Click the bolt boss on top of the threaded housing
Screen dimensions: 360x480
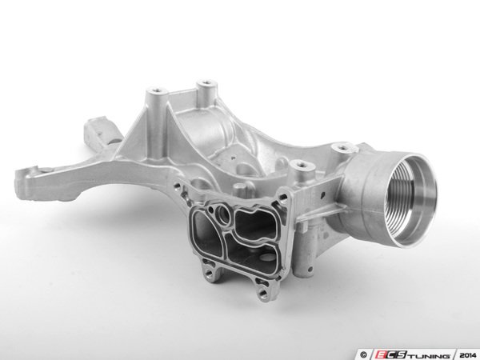pyautogui.click(x=347, y=149)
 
